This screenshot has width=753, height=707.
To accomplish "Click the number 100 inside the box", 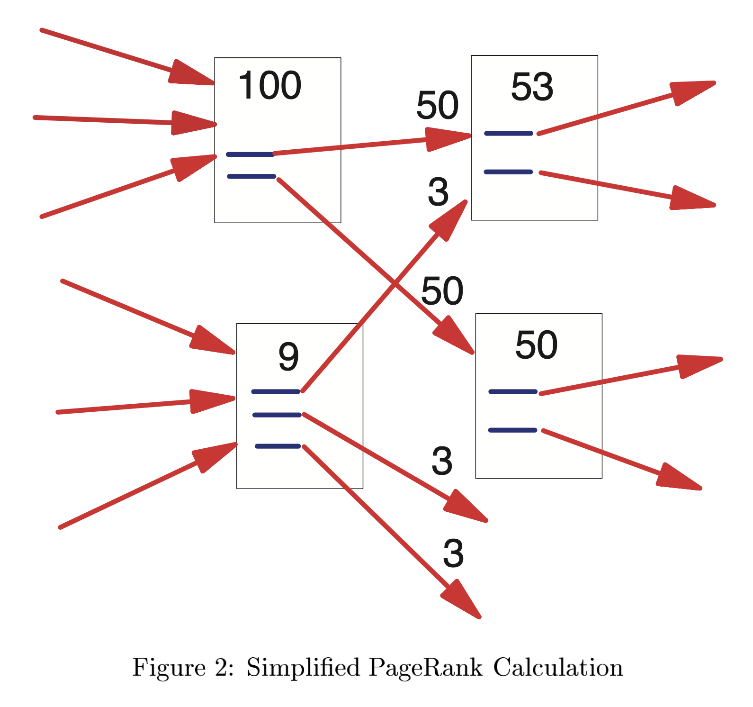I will pyautogui.click(x=269, y=86).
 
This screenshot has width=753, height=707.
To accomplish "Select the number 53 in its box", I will pyautogui.click(x=532, y=88).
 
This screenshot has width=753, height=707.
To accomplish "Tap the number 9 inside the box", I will pyautogui.click(x=288, y=357).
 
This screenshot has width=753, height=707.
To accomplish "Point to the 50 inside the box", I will pyautogui.click(x=536, y=345).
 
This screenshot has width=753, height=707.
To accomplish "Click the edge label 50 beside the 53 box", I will pyautogui.click(x=437, y=106).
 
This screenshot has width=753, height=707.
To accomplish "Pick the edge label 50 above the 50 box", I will pyautogui.click(x=442, y=291).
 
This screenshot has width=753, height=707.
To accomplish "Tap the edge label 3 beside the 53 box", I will pyautogui.click(x=438, y=192).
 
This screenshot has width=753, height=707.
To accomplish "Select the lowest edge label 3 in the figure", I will pyautogui.click(x=453, y=553).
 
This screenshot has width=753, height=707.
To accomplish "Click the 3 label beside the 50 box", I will pyautogui.click(x=442, y=461).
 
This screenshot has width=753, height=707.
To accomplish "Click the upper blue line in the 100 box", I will pyautogui.click(x=250, y=154).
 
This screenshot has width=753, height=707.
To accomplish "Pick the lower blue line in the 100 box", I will pyautogui.click(x=251, y=176).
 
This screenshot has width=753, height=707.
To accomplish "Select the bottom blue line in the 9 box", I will pyautogui.click(x=278, y=446).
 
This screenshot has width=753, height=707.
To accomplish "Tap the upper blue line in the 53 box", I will pyautogui.click(x=509, y=134).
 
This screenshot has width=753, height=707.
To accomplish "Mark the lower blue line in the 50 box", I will pyautogui.click(x=512, y=430).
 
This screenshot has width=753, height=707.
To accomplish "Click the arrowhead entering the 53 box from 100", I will pyautogui.click(x=447, y=139).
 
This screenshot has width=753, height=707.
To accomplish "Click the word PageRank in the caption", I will pyautogui.click(x=425, y=668).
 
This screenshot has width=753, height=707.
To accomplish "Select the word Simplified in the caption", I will pyautogui.click(x=303, y=668).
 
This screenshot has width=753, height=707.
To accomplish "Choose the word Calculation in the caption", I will pyautogui.click(x=558, y=668).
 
